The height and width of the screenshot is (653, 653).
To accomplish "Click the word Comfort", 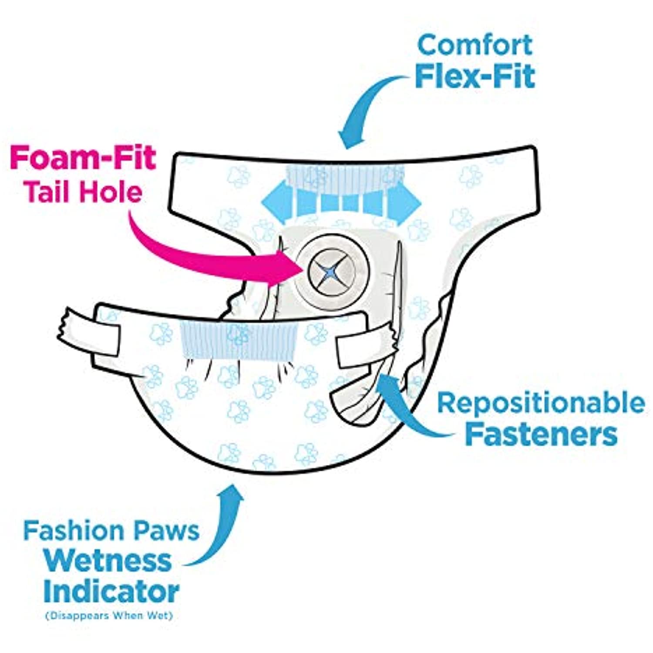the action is [475, 45].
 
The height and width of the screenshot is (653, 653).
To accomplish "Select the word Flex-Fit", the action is [475, 76].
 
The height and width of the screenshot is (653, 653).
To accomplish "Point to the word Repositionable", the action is [541, 403].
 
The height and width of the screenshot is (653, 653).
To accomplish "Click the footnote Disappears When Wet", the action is [109, 616].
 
